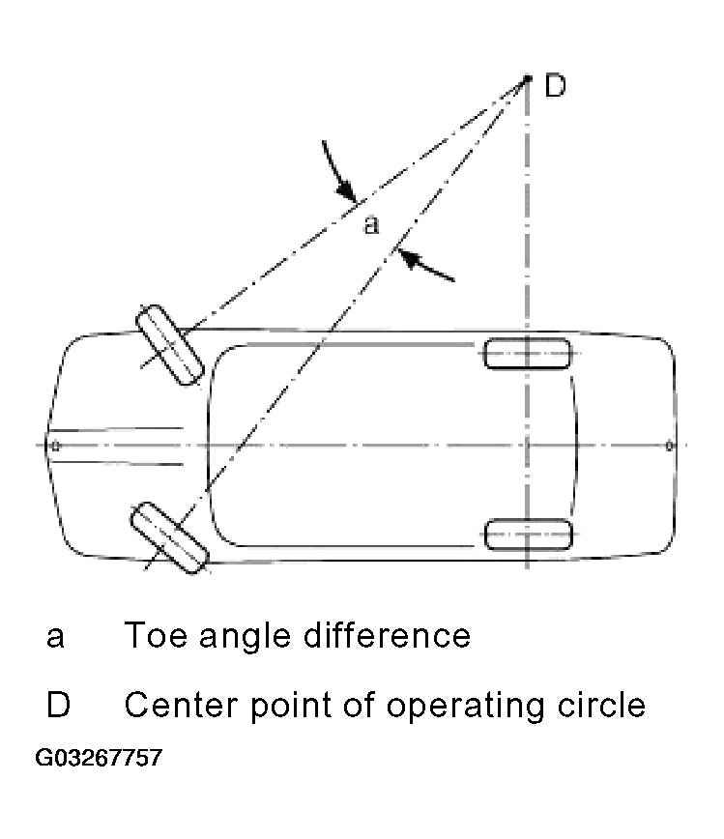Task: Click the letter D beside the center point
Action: click(555, 86)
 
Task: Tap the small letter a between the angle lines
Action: click(370, 225)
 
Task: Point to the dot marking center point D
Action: click(528, 78)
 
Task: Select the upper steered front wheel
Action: click(168, 345)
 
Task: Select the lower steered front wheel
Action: click(169, 537)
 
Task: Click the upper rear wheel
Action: click(527, 354)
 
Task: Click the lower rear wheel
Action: click(527, 534)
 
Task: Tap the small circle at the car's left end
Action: click(55, 446)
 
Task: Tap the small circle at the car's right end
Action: click(669, 446)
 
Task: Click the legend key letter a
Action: click(55, 637)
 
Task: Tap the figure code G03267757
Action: click(99, 757)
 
